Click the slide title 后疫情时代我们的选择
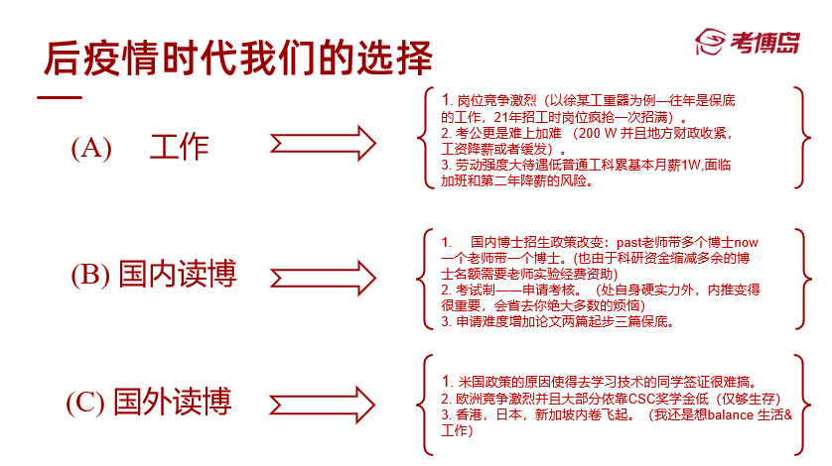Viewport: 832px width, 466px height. pyautogui.click(x=238, y=57)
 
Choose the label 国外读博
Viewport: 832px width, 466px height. pyautogui.click(x=173, y=402)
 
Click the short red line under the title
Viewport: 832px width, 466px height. pyautogui.click(x=59, y=96)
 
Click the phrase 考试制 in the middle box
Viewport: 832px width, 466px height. pyautogui.click(x=475, y=290)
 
